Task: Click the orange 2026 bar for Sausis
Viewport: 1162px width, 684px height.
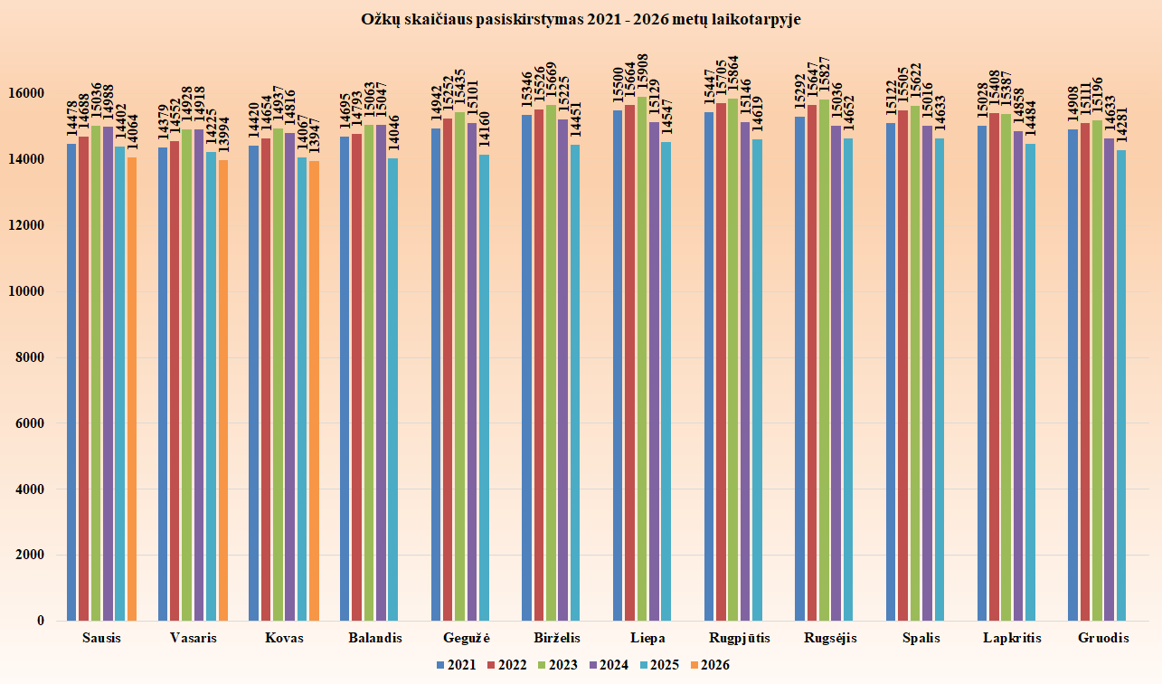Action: [132, 389]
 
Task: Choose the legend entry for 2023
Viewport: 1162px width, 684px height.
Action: [557, 665]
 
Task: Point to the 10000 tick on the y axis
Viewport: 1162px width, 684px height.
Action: [31, 291]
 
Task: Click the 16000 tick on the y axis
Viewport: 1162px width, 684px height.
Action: [31, 94]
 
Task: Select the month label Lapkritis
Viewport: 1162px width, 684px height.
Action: [1012, 638]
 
